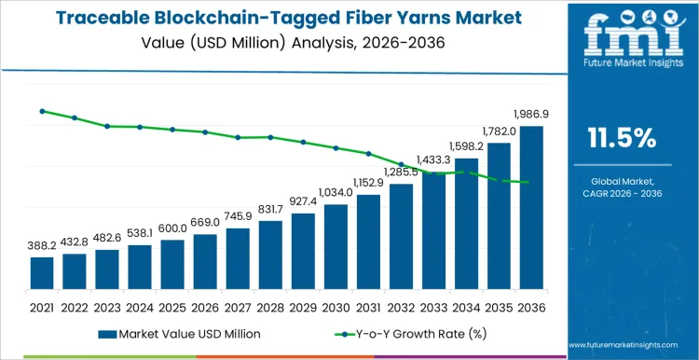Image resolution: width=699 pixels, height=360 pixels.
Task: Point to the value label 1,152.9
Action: [x=368, y=183]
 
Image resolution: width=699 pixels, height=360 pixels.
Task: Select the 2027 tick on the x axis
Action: [x=238, y=307]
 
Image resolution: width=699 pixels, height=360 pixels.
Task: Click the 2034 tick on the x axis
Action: [x=466, y=307]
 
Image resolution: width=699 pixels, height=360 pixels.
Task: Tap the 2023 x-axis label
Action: [x=107, y=307]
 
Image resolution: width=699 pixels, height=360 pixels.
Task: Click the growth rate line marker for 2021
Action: [x=42, y=111]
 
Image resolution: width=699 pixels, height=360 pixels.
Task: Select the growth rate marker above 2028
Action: [x=270, y=137]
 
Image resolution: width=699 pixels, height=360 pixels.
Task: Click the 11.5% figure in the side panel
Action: [x=622, y=138]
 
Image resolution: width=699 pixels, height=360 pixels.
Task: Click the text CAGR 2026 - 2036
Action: [x=622, y=192]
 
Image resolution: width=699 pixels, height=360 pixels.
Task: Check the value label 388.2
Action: [x=42, y=244]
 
